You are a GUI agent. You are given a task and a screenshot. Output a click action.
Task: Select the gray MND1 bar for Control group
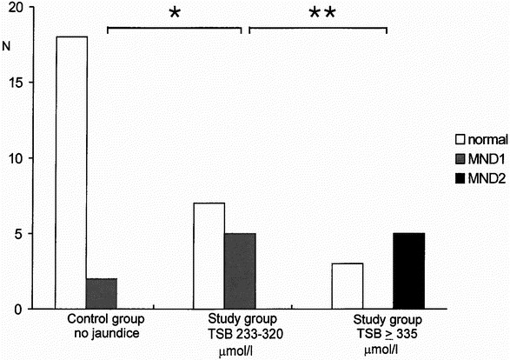[x=102, y=293]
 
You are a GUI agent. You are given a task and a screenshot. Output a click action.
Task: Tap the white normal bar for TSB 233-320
[x=209, y=256]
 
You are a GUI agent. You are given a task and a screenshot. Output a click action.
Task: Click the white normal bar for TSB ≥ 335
[x=346, y=285]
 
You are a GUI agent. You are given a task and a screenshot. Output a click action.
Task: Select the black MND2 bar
[x=408, y=270]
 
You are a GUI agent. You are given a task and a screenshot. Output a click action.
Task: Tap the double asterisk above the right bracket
[x=318, y=15]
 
